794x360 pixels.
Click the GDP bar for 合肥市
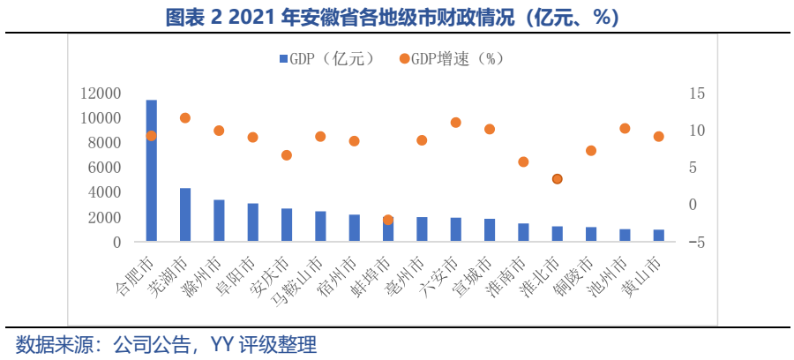152,170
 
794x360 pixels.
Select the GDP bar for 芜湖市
185,214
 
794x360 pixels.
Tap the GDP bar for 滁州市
219,221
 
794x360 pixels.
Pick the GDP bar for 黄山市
658,236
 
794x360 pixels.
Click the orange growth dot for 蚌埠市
387,220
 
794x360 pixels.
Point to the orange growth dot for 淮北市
557,179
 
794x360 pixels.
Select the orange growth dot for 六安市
455,123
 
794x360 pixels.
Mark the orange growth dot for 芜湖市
185,118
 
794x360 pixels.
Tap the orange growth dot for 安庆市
287,155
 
